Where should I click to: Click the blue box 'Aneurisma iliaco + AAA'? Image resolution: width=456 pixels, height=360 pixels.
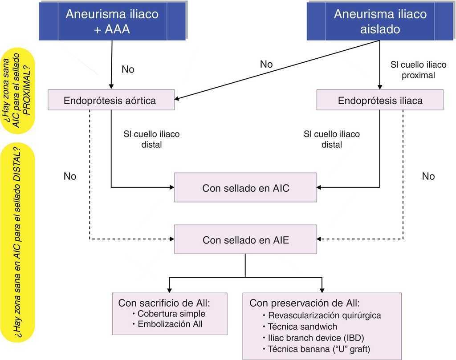pos(112,21)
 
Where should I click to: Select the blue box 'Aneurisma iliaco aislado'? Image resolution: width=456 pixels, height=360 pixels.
pos(380,21)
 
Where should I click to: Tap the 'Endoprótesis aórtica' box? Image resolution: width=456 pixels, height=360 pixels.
pos(110,101)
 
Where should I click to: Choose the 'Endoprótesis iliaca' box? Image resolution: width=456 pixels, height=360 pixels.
pos(380,101)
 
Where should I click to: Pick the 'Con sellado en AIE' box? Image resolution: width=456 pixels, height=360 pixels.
pos(245,240)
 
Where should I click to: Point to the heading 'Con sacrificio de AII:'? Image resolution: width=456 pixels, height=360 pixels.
pos(163,303)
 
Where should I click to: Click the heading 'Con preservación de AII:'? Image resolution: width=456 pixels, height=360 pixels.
pos(304,303)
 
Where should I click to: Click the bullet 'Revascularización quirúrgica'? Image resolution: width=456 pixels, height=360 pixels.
pos(325,316)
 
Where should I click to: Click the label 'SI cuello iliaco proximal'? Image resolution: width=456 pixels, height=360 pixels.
pos(418,70)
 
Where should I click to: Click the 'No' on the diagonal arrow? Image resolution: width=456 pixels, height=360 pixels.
pos(266,65)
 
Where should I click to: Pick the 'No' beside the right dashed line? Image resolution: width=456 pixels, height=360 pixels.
pos(428,177)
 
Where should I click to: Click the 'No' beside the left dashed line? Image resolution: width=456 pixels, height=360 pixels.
pos(70,177)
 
